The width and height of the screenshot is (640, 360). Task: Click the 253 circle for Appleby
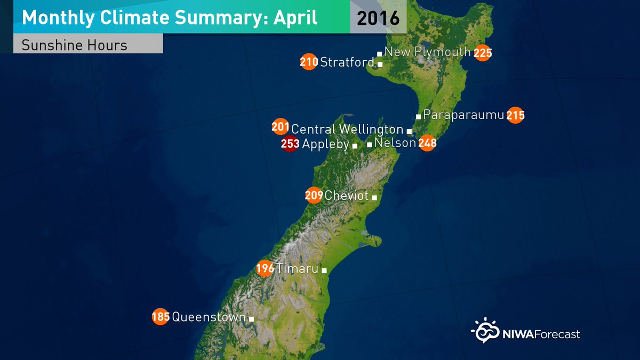coord(289,144)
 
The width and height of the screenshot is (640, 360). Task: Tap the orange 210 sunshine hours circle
coord(309,62)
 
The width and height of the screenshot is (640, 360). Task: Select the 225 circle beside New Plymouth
coord(482,53)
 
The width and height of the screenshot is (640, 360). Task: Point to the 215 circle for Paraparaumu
coord(515,115)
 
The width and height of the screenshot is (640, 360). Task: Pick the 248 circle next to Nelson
coord(427,143)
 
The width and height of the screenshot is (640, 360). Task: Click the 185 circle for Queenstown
coord(161,317)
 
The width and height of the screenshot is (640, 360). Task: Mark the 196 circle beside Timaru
coord(265,268)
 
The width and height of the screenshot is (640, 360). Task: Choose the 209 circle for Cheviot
coord(314,196)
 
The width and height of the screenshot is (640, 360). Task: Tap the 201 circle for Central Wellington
coord(281,127)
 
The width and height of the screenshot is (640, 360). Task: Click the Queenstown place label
coord(209,317)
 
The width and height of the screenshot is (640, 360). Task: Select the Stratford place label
coord(347,62)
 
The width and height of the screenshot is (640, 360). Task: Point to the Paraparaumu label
coord(463,115)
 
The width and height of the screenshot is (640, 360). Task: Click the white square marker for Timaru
coord(324,270)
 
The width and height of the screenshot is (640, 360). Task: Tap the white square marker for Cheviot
coord(374,198)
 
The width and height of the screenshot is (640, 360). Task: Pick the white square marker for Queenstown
coord(252,319)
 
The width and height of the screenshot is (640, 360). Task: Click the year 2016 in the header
coord(378,18)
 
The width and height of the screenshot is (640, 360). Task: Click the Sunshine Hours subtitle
coord(74,45)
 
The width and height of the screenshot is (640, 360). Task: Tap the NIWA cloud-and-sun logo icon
coord(484,331)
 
